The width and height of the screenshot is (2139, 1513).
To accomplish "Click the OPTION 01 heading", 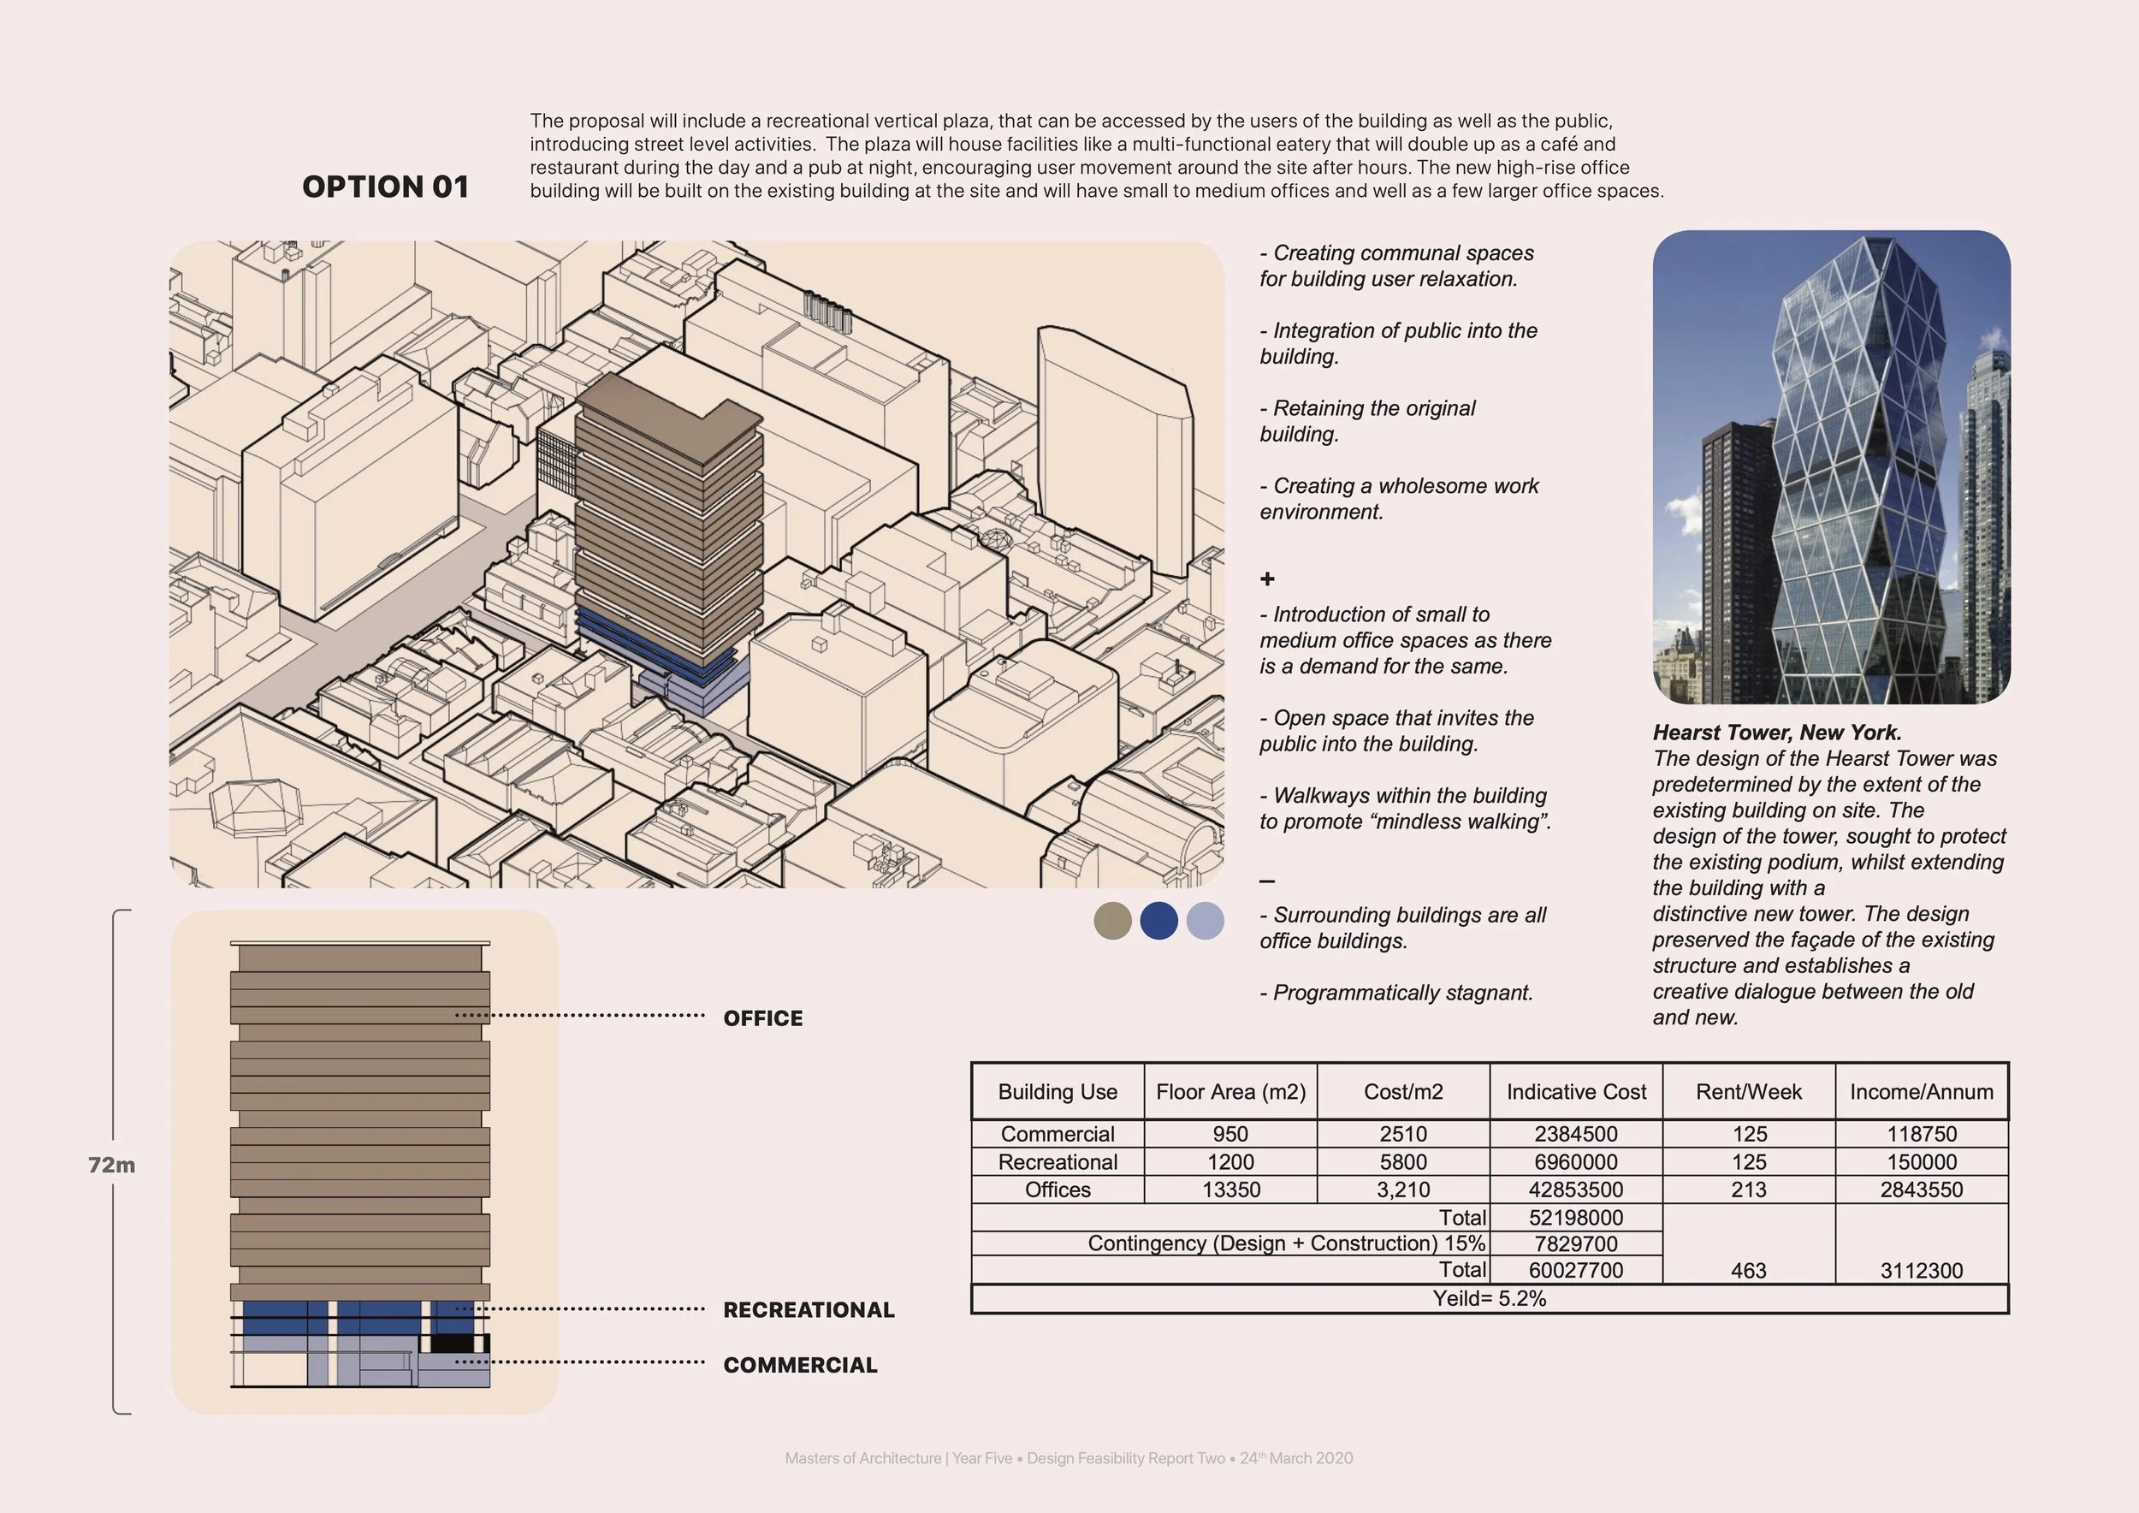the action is point(385,187).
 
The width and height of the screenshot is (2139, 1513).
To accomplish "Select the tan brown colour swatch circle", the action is point(1112,921).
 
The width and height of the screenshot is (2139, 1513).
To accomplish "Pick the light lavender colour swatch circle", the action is point(1205,921).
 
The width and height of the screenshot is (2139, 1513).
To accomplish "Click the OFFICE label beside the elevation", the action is point(762,1018).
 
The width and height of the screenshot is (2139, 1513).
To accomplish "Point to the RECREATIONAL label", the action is point(808,1310).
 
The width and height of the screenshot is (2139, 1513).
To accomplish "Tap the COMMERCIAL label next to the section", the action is point(799,1365).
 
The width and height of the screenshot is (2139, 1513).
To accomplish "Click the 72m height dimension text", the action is point(111,1165).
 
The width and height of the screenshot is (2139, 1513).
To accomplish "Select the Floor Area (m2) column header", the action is point(1229,1092).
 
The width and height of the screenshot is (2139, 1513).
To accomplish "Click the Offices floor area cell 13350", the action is point(1229,1190).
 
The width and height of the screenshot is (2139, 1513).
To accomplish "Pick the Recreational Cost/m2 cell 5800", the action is point(1402,1162).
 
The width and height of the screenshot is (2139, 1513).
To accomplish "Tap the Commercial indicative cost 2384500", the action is point(1575,1134).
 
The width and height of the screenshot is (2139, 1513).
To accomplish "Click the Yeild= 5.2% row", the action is point(1489,1299).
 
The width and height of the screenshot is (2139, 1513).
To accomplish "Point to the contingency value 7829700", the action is point(1575,1243).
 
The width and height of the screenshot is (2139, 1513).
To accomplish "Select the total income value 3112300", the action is point(1921,1271).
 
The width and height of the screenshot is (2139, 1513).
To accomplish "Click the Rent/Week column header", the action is point(1748,1092).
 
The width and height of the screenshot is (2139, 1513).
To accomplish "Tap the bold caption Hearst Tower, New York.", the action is point(1776,733).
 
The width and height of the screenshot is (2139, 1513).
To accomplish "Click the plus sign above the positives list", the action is point(1267,578).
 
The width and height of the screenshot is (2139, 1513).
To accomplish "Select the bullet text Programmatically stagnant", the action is point(1395,992).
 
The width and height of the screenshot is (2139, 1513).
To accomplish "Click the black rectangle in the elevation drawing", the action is point(455,1344).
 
